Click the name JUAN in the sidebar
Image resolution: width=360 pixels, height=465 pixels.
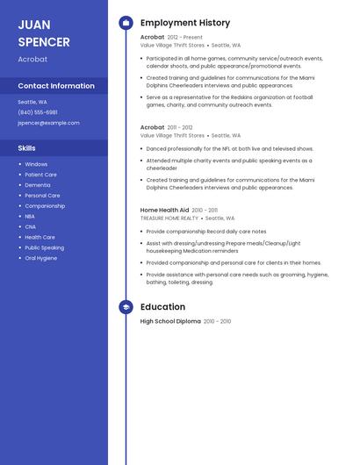[x=34, y=25]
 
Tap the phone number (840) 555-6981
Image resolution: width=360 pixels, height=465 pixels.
[x=38, y=112]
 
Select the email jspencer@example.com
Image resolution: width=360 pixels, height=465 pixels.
[x=48, y=123]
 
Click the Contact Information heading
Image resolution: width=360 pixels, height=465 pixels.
[x=56, y=86]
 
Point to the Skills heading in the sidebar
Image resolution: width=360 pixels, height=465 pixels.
[x=27, y=148]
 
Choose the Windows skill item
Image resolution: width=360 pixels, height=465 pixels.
[x=36, y=164]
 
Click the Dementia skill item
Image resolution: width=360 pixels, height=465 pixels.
[x=38, y=185]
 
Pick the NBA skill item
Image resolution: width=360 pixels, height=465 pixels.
[x=30, y=216]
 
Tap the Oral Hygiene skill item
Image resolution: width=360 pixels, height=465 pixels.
[x=41, y=258]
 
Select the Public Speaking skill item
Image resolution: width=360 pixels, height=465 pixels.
[x=44, y=247]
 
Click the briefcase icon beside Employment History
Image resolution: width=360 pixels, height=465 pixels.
[x=126, y=23]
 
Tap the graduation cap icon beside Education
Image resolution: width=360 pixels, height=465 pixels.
[x=126, y=307]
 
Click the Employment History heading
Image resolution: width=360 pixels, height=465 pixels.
[x=185, y=23]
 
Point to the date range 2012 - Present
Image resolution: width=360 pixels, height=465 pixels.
[x=184, y=38]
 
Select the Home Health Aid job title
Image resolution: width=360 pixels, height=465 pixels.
[x=164, y=211]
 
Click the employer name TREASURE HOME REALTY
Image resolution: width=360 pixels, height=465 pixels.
[x=169, y=218]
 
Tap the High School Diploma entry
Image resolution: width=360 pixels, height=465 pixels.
[x=170, y=322]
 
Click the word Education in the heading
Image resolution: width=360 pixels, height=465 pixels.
[x=162, y=307]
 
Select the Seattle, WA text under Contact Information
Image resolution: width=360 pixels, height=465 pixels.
[x=32, y=102]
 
